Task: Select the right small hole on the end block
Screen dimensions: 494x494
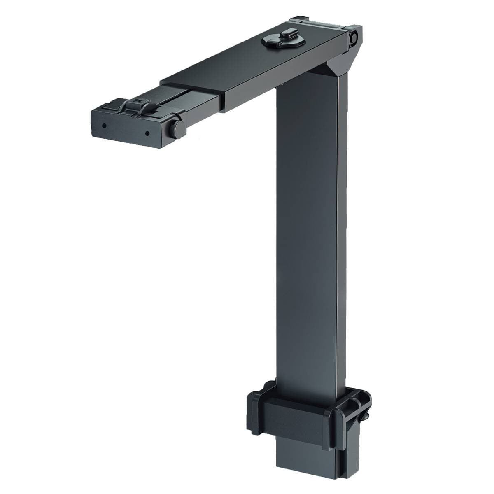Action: pos(147,133)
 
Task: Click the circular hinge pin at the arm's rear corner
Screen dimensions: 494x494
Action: pos(354,38)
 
